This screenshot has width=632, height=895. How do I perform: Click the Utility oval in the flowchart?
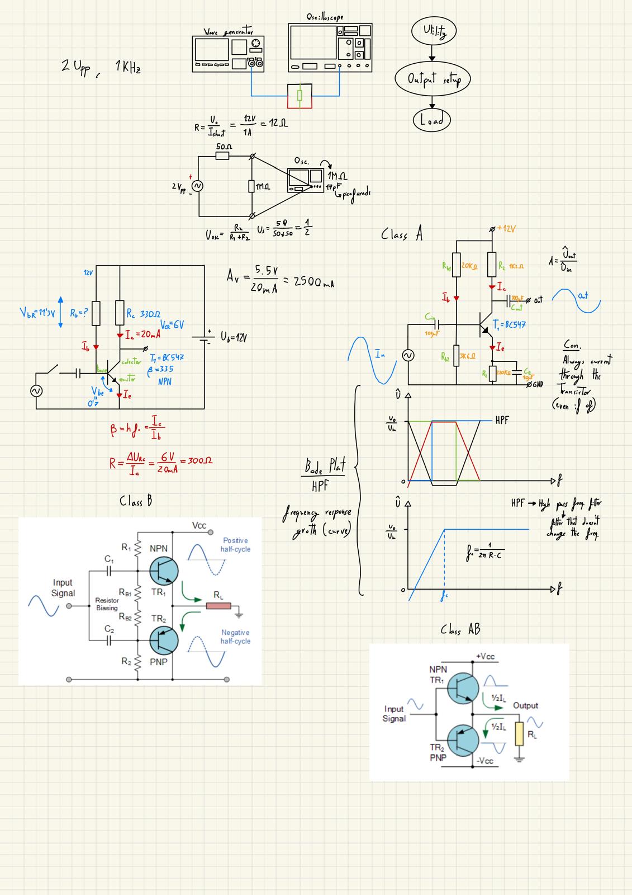coord(433,32)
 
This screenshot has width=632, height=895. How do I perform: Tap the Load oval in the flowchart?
coord(431,120)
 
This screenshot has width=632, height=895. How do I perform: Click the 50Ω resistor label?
coord(224,147)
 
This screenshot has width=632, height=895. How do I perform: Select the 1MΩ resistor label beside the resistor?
coord(263,186)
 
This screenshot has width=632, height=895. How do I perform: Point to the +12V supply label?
coord(506,229)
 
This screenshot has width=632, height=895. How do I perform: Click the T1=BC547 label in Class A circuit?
coord(509,324)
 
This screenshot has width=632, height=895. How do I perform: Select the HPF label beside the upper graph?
coord(502,420)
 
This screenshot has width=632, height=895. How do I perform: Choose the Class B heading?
coord(136,501)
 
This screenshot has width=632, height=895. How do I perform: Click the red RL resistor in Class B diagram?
coord(218,606)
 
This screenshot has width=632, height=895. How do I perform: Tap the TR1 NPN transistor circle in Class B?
coord(164,571)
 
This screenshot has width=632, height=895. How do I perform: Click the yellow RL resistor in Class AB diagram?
coord(519,733)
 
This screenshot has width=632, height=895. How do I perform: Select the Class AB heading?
coord(460,630)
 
